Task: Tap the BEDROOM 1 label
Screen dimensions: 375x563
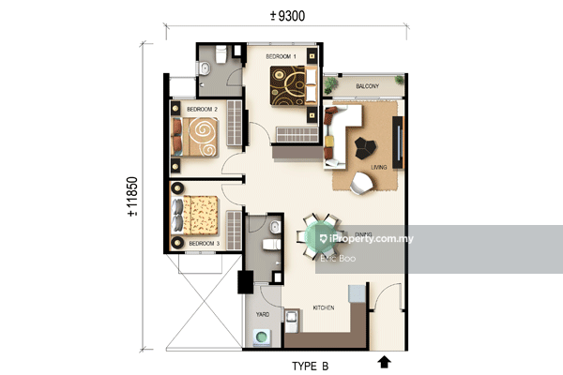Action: [281, 57]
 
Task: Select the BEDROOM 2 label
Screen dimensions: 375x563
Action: [202, 110]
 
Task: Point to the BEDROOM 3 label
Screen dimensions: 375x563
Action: [204, 244]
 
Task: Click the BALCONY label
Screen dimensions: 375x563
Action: [367, 87]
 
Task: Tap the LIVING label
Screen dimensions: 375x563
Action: [378, 168]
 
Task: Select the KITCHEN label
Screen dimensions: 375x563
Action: [324, 307]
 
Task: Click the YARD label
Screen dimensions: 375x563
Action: [264, 315]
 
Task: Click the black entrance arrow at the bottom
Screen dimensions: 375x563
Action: [383, 360]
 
